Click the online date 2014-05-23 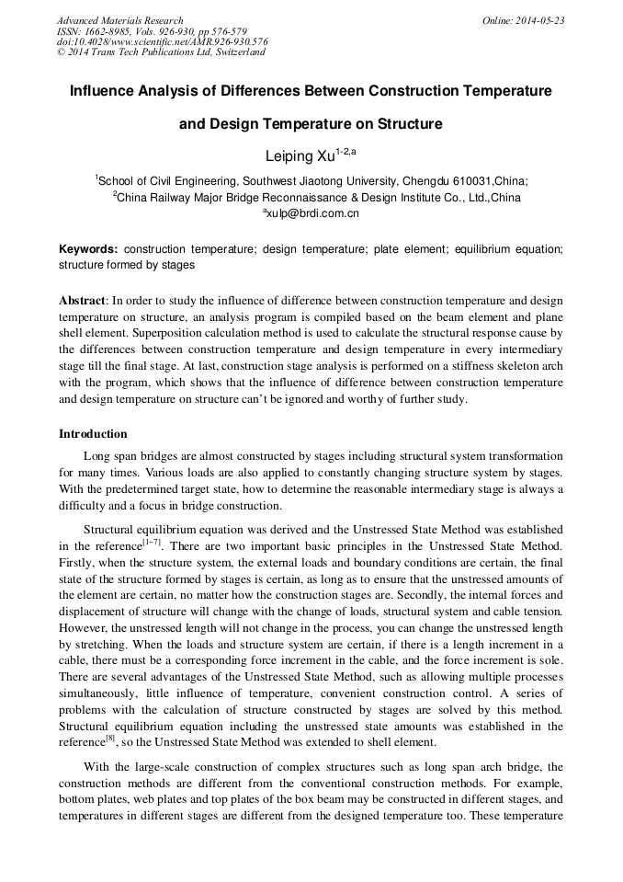click(543, 20)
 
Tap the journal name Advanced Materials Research click(119, 20)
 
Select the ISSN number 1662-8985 click(108, 31)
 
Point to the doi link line click(163, 41)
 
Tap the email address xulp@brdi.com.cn click(314, 213)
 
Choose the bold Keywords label click(88, 249)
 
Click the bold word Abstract click(82, 301)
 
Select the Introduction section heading click(93, 433)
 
